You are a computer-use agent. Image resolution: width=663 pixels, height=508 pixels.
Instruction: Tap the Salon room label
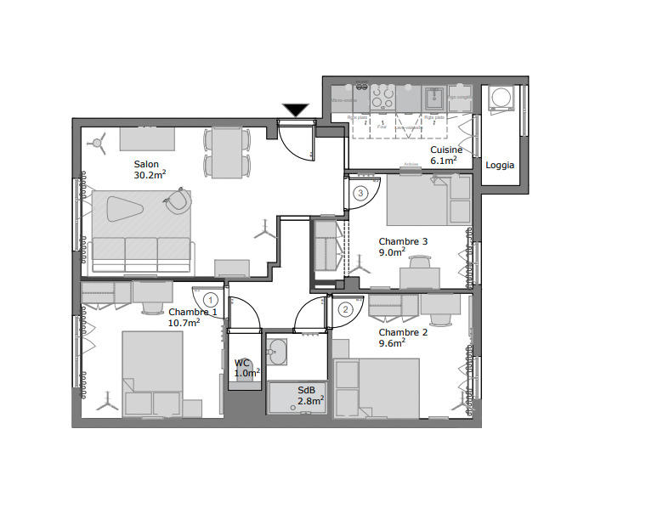click(x=146, y=164)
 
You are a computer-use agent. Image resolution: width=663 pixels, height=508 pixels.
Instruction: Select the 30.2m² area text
click(x=150, y=176)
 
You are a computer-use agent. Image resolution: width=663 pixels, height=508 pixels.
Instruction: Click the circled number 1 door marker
click(x=211, y=299)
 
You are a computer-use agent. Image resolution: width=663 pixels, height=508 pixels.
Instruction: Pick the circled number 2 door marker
click(x=345, y=309)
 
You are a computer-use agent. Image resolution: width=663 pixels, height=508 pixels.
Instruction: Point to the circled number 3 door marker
click(x=361, y=194)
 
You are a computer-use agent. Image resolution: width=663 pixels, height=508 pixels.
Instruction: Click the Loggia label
click(x=500, y=166)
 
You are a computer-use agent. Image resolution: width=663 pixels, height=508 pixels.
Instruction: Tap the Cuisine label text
click(x=446, y=150)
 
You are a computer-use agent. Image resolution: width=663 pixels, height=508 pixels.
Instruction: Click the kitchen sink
click(x=434, y=96)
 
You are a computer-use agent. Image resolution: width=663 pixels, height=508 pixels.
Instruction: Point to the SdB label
click(x=306, y=390)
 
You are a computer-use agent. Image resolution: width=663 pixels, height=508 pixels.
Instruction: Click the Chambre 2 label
click(x=403, y=332)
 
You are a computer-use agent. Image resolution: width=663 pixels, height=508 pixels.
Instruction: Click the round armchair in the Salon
click(x=179, y=200)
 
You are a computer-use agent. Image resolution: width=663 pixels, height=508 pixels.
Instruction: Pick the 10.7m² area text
click(x=184, y=323)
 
